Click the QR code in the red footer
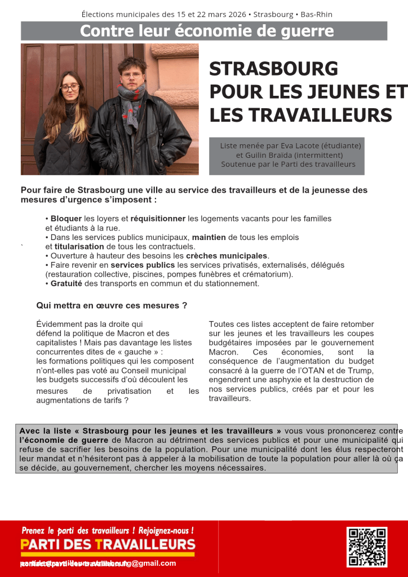366,547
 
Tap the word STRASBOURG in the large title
273,69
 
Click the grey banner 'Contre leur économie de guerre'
204,31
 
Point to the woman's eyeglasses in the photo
69,87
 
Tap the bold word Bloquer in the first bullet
66,219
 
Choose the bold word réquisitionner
158,219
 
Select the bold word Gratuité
66,283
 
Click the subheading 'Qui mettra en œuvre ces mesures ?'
112,306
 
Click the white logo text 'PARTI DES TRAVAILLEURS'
108,545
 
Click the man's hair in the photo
132,63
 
